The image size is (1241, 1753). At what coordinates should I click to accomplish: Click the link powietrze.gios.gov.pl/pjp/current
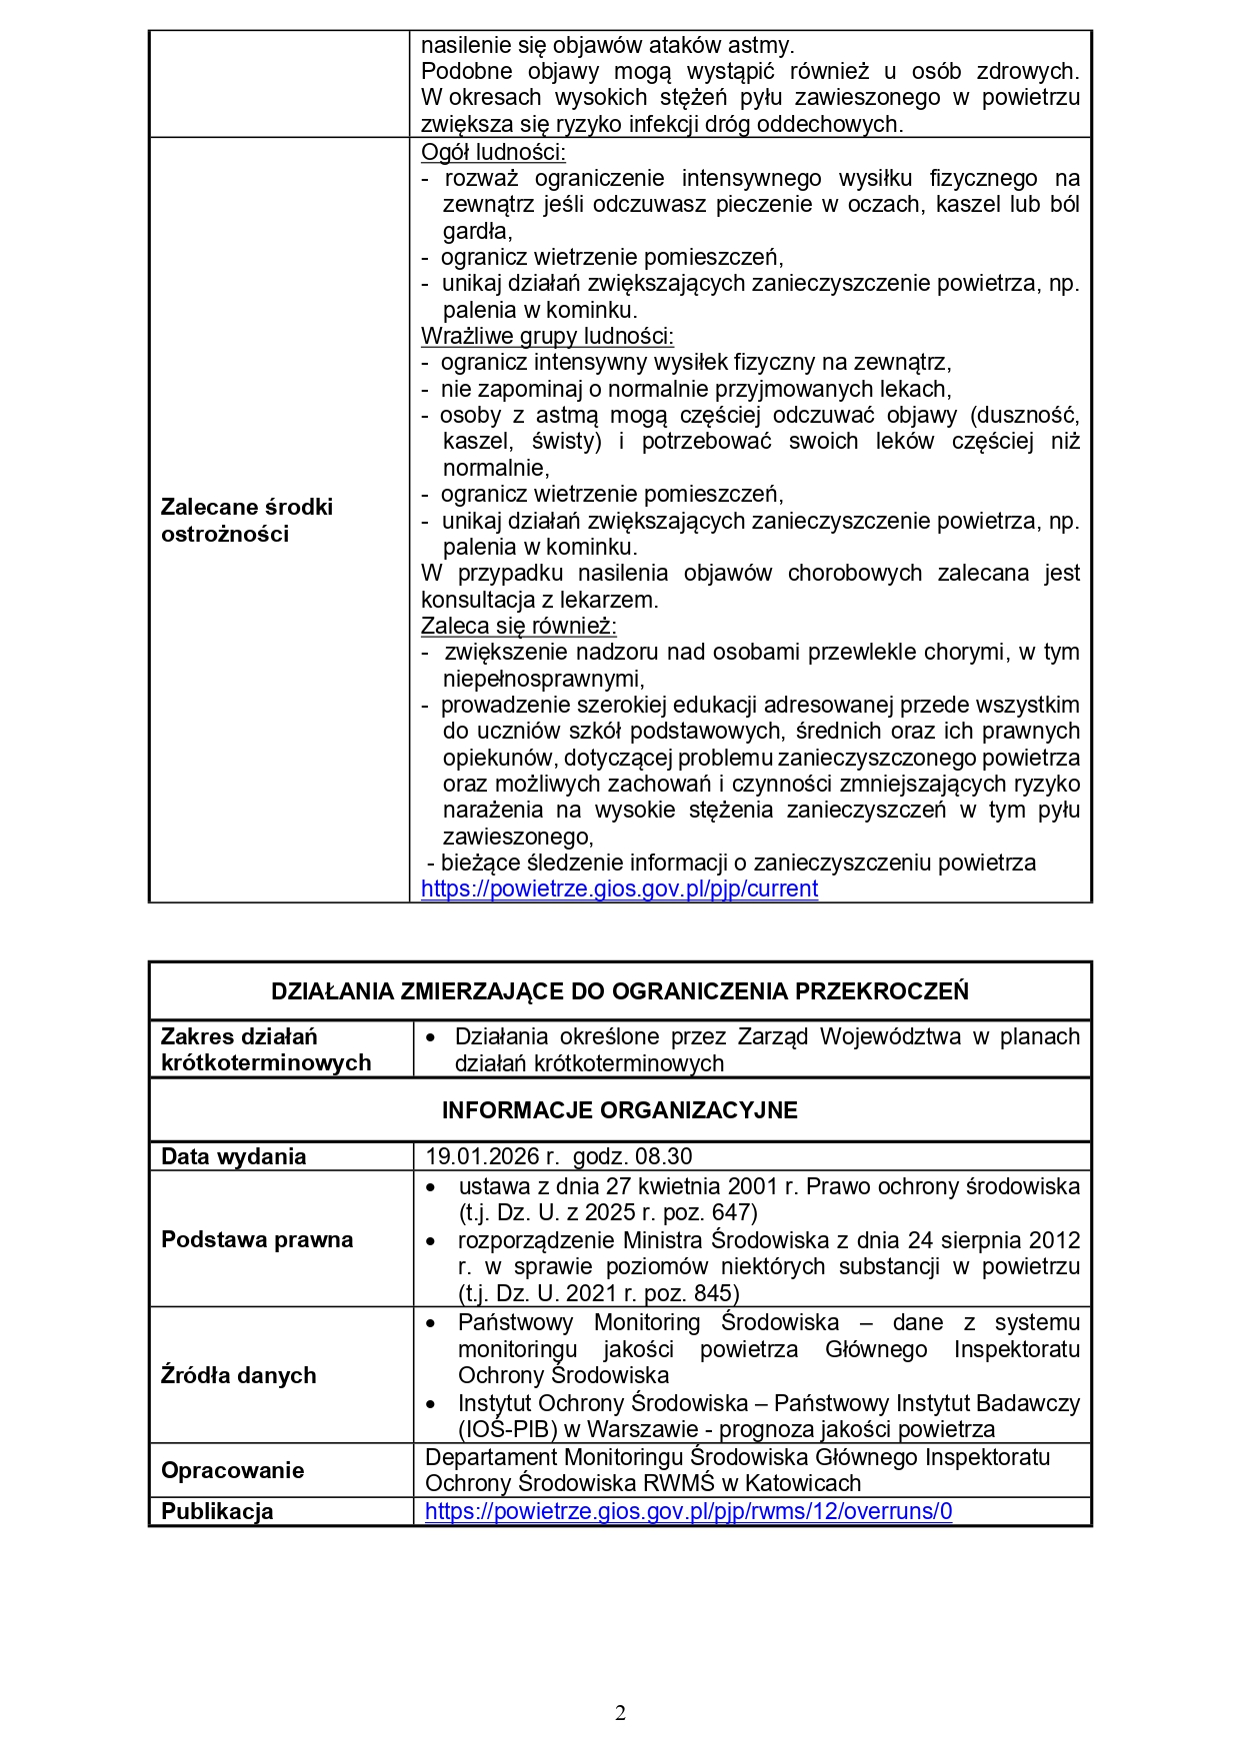(619, 888)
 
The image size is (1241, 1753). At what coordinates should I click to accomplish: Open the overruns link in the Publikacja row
(688, 1511)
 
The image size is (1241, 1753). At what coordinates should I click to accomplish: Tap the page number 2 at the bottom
(620, 1713)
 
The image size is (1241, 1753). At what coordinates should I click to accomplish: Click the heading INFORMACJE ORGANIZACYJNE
(620, 1110)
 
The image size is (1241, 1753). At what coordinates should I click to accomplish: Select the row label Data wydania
(233, 1156)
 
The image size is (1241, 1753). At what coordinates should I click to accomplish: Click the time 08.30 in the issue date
(664, 1156)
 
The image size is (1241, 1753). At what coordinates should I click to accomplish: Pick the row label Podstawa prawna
(257, 1239)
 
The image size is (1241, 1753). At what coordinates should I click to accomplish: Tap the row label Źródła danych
(238, 1375)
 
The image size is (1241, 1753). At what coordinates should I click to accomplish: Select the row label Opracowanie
(232, 1470)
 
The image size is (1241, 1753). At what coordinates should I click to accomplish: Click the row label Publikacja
(217, 1511)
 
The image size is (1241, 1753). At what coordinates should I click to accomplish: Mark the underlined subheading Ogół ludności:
(493, 152)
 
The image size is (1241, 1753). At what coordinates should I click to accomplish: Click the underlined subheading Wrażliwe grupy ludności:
(547, 336)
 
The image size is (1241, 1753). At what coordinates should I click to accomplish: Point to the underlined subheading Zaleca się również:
(518, 626)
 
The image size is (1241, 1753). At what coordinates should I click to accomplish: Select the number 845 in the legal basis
(713, 1293)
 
